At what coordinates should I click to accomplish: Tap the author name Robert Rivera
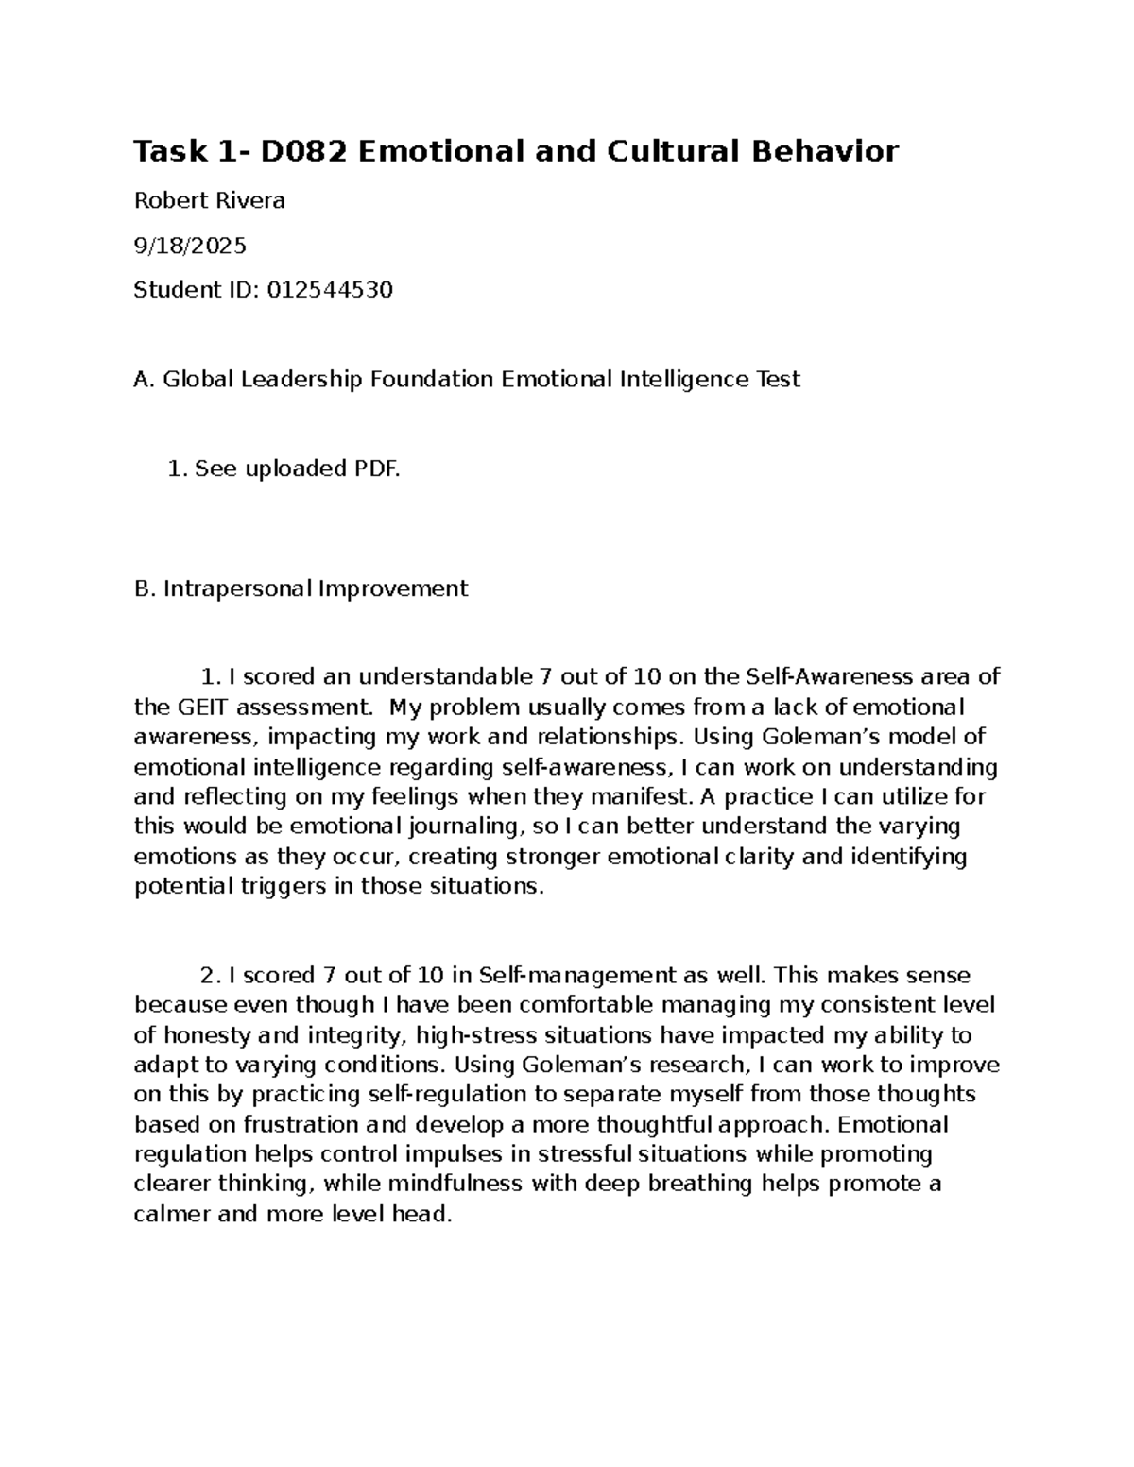point(209,200)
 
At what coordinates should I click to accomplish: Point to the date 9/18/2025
point(190,246)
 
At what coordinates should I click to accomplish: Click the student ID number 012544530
point(330,290)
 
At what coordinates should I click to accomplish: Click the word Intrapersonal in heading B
point(237,589)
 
